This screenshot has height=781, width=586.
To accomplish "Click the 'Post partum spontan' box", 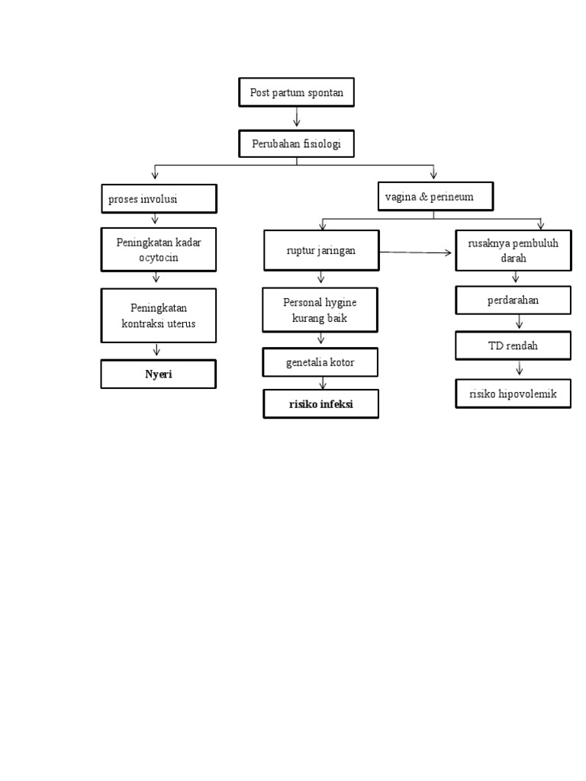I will [296, 93].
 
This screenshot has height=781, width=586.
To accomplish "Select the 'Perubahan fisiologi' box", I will [296, 143].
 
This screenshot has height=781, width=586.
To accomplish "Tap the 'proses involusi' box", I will [159, 199].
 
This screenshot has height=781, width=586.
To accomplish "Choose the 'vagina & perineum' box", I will [435, 197].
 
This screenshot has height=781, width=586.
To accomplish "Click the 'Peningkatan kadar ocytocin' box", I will [159, 250].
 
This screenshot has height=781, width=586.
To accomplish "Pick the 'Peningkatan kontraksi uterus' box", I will [159, 315].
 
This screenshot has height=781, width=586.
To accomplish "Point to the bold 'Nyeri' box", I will [159, 374].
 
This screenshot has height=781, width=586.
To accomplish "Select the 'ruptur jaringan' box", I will [321, 250].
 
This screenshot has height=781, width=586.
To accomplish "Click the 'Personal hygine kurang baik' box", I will [320, 310].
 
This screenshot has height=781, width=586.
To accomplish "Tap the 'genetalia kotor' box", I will [320, 363].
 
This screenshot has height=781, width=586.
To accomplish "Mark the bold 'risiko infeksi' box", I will [321, 405].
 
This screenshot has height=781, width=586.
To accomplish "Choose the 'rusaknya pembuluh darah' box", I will [513, 250].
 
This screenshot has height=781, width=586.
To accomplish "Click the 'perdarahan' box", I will [513, 300].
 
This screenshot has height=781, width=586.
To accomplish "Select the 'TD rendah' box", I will [513, 346].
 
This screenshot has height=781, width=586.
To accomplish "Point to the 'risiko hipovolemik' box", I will [513, 394].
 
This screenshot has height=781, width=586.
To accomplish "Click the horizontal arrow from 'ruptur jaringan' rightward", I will [416, 252].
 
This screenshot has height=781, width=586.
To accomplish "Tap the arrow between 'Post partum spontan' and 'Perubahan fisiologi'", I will [296, 117].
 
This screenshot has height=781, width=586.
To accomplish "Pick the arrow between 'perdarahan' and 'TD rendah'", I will [519, 323].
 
